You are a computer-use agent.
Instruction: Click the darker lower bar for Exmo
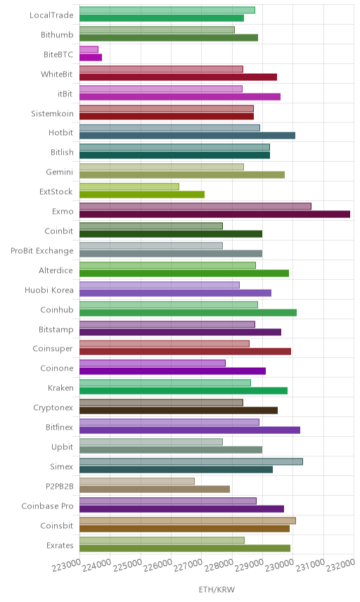click(214, 214)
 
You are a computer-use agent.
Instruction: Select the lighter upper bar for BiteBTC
click(89, 49)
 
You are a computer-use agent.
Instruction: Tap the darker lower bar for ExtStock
click(142, 195)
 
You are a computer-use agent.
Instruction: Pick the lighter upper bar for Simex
click(191, 461)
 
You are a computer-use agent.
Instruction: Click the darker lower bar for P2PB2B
click(155, 489)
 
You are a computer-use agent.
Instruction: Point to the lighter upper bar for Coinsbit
click(188, 520)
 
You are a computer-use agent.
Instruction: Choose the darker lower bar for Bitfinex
click(190, 430)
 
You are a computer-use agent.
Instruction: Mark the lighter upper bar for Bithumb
click(157, 30)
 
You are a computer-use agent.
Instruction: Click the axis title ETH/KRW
click(217, 590)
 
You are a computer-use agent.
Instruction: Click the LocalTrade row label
click(51, 15)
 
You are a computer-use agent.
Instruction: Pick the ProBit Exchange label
click(41, 250)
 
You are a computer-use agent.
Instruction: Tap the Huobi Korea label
click(49, 290)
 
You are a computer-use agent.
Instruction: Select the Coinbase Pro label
click(47, 506)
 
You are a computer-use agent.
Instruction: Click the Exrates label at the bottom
click(60, 545)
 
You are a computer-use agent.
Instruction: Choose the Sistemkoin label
click(52, 113)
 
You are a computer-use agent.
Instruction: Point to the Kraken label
click(60, 388)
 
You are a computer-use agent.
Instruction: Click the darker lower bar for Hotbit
click(187, 136)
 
